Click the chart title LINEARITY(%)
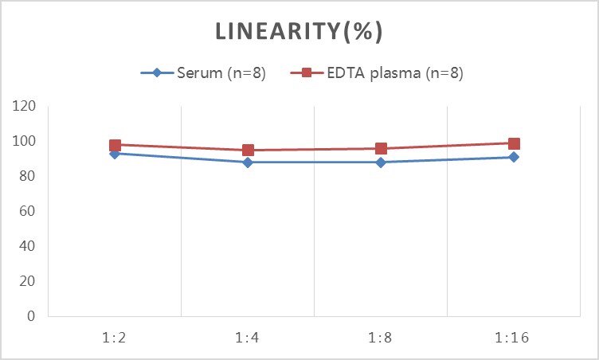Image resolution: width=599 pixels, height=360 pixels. point(299,32)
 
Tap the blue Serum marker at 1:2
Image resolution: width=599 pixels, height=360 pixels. point(115,153)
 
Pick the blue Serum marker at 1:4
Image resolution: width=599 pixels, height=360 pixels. point(248,162)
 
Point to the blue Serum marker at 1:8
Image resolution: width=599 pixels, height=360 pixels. point(381,162)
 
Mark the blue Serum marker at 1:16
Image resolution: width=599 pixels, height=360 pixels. point(514,157)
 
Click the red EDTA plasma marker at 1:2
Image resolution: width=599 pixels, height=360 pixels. point(115,145)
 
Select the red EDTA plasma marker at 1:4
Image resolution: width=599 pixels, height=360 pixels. point(248,150)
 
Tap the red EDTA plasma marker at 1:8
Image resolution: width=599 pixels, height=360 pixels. point(381,148)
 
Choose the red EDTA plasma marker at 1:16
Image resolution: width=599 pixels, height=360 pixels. point(514,144)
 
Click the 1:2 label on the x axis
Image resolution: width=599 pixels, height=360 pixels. point(115,337)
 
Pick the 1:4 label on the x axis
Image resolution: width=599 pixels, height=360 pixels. point(248,337)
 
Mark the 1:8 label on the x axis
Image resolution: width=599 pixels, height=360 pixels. point(381,337)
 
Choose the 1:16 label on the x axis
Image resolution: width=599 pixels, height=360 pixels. point(514,337)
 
